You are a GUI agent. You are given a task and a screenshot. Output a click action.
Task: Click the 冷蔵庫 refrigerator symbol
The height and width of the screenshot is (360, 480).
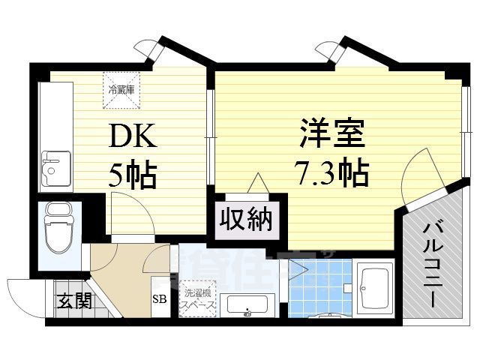tap(121, 86)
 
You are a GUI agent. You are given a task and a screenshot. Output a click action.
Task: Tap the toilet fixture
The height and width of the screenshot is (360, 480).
tap(58, 229)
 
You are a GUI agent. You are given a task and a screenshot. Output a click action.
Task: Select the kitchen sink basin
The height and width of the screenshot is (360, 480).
tap(55, 168)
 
